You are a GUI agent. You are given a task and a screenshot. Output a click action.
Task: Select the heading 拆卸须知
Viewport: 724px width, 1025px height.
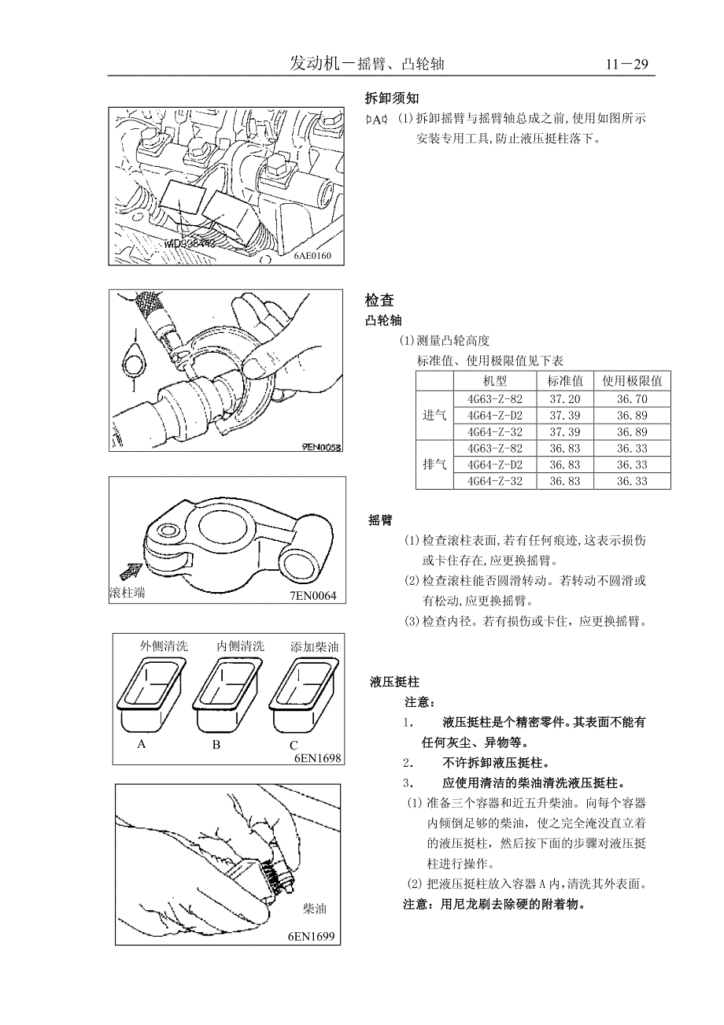pos(392,98)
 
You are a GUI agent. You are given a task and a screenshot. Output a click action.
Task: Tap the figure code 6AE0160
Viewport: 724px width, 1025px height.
pos(313,256)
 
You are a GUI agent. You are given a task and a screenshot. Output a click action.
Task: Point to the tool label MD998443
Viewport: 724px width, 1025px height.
pos(191,245)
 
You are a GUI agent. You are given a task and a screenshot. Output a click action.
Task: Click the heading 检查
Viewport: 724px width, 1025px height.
pos(379,300)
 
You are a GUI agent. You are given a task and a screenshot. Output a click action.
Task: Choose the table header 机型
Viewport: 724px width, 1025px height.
pos(497,381)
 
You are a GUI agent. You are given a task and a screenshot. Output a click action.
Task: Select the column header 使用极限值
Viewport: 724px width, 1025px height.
pos(631,381)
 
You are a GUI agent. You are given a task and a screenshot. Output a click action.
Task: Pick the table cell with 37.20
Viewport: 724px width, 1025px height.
pos(564,399)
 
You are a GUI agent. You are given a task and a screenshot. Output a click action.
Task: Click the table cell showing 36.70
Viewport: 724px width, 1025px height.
pos(632,399)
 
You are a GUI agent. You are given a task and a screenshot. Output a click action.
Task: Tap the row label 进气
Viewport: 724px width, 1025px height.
pos(434,415)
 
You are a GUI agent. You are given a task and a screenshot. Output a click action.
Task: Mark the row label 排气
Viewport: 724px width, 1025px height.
pos(434,464)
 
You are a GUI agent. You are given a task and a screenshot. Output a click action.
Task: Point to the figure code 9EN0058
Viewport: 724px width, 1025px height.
pos(321,446)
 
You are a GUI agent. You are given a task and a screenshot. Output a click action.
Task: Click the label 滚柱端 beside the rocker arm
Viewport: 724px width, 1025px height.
pos(127,593)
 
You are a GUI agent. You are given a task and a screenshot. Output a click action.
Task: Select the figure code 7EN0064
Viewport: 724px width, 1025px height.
pos(312,595)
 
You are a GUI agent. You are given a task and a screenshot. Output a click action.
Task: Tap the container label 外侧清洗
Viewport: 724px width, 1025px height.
pos(164,646)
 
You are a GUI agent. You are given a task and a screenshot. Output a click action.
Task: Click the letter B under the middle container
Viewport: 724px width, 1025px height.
pos(216,745)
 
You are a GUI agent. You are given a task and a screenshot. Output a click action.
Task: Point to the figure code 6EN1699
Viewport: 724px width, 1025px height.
pos(312,936)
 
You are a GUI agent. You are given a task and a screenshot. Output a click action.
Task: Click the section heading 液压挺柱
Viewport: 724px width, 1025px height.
pos(394,681)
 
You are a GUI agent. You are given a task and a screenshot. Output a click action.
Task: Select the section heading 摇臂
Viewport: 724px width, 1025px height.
pos(381,520)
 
